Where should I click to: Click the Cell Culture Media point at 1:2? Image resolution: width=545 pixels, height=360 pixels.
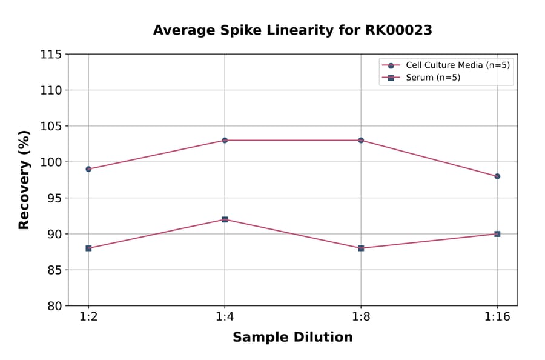point(88,169)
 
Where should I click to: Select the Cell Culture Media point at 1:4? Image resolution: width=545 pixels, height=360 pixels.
point(225,140)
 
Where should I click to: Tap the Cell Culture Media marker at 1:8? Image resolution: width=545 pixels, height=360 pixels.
point(361,140)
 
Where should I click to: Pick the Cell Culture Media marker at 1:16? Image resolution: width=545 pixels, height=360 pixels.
point(497,176)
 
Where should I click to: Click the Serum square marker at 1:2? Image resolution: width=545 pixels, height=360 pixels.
point(88,248)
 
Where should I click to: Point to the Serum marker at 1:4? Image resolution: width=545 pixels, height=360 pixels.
point(225,219)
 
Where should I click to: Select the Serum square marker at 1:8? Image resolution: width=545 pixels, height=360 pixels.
point(361,248)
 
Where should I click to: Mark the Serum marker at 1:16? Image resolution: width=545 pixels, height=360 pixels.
point(497,234)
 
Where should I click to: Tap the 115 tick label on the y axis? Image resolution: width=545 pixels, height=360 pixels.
point(51,55)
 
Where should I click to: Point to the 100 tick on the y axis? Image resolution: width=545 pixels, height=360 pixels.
point(51,162)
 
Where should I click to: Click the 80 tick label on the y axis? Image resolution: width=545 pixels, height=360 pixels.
point(54,306)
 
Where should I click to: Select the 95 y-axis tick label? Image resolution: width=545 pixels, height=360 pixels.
point(54,198)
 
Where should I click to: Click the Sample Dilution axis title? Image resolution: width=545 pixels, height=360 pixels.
point(292,338)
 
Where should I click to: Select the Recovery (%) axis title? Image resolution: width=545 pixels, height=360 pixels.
point(24,179)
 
